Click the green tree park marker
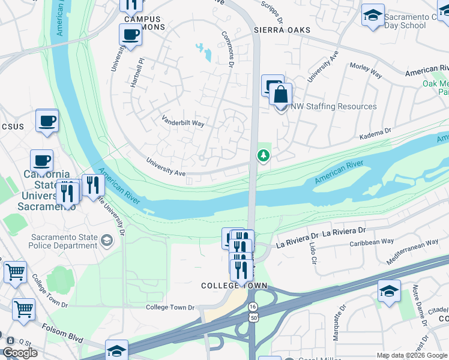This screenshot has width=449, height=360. coord(263,156)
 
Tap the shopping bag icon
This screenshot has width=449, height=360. coord(280,95)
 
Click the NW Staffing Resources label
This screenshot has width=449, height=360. coord(334,106)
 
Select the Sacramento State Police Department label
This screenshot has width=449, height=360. coord(65,241)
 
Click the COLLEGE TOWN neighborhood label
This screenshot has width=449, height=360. coord(234,286)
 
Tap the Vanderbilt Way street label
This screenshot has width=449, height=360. coord(182,122)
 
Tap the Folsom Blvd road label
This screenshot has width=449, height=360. coord(62,333)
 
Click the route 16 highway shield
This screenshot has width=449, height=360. coord(252,307)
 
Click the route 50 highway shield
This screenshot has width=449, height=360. coord(252,318)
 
